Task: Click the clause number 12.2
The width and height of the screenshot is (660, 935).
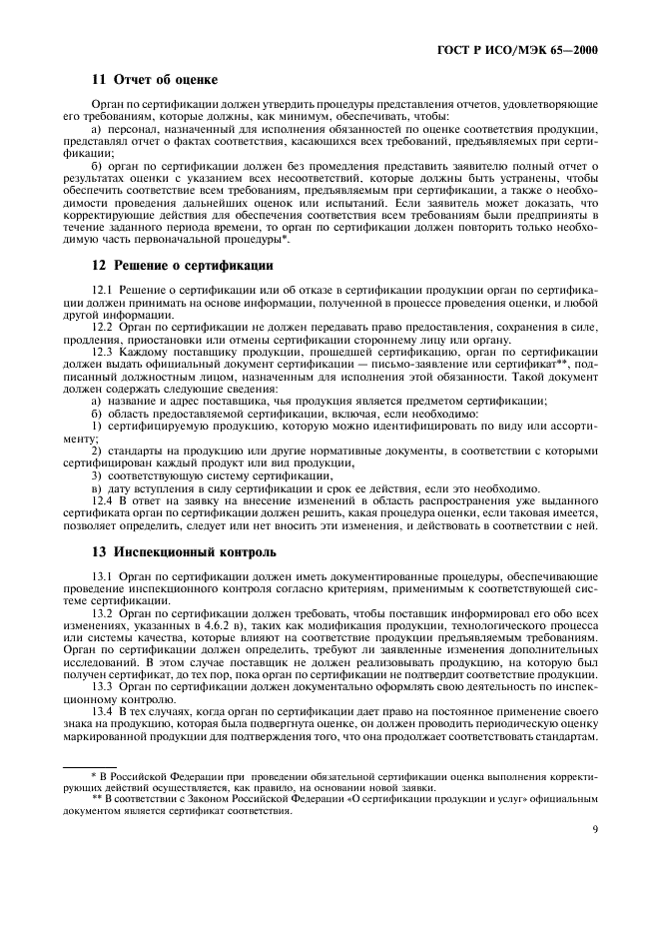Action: click(x=102, y=327)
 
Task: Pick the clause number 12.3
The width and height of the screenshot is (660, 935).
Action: click(x=102, y=352)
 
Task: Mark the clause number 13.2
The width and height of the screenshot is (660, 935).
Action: click(x=102, y=614)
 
